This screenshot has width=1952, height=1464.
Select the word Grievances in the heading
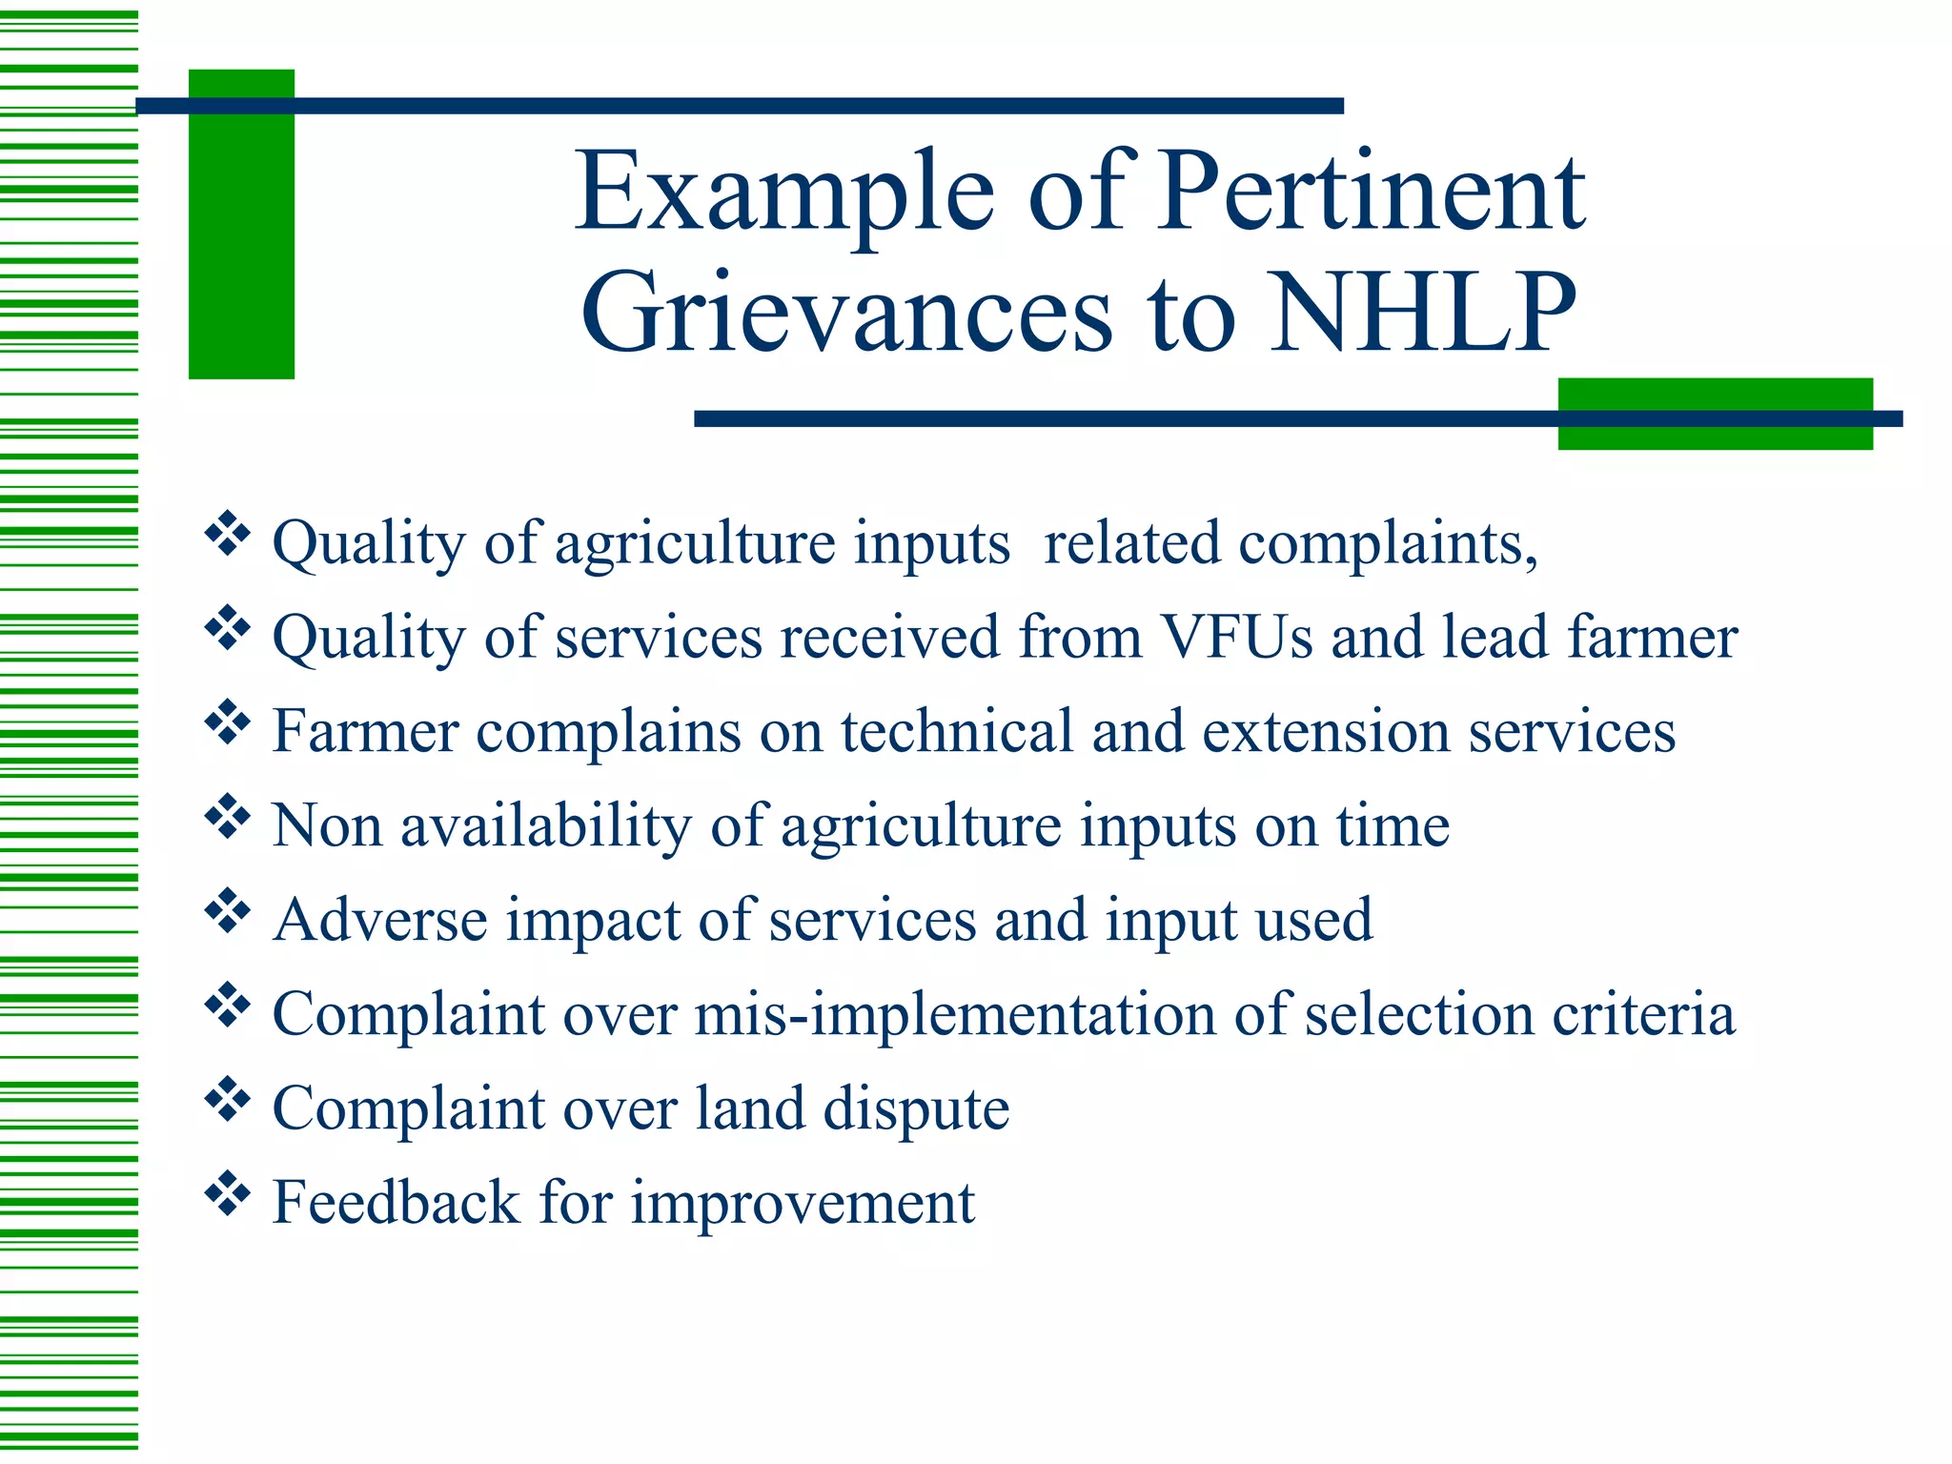[x=846, y=313]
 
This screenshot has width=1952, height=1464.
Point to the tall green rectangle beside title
[x=241, y=224]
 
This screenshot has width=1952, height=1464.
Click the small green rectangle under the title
[x=1715, y=414]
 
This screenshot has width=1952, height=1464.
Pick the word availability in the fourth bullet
[x=546, y=825]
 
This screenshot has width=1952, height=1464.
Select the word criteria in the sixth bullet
[x=1643, y=1014]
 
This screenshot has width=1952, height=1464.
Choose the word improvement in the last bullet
[x=803, y=1204]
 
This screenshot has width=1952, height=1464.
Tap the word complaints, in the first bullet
[x=1388, y=544]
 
